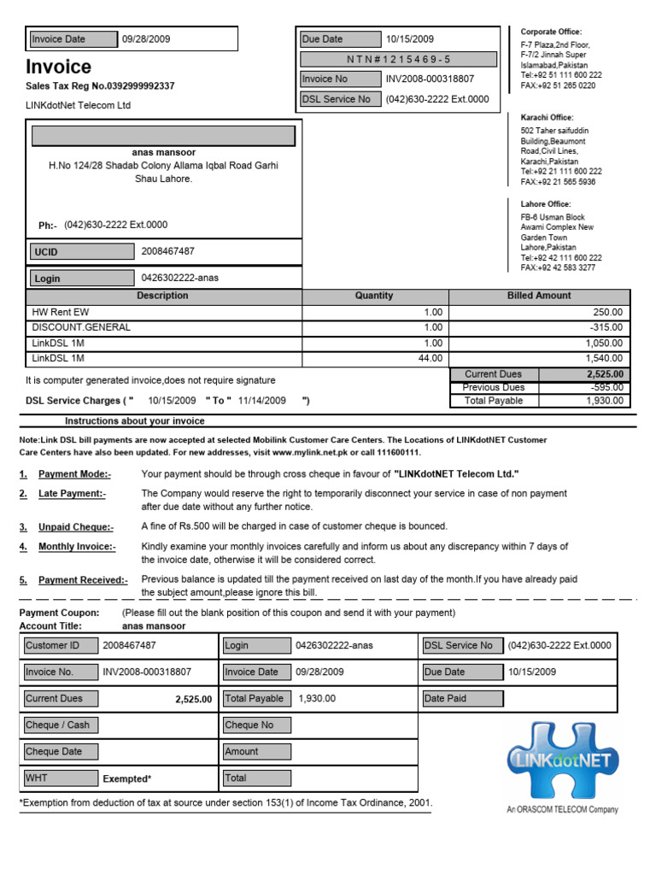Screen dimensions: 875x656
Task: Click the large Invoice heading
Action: pyautogui.click(x=58, y=68)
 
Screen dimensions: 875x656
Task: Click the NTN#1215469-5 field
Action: pyautogui.click(x=397, y=59)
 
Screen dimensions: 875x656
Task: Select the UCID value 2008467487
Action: pyautogui.click(x=167, y=251)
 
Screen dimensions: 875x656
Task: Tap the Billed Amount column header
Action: pyautogui.click(x=539, y=296)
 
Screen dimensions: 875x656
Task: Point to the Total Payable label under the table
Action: pyautogui.click(x=494, y=400)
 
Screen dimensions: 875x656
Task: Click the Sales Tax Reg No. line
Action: pyautogui.click(x=100, y=86)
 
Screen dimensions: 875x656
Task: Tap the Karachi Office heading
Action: pyautogui.click(x=548, y=117)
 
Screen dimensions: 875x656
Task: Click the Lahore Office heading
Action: pyautogui.click(x=547, y=204)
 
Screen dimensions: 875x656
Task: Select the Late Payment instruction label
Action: pyautogui.click(x=72, y=494)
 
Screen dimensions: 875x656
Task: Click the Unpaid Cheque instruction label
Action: pyautogui.click(x=75, y=527)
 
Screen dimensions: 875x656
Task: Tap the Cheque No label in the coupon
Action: pyautogui.click(x=249, y=725)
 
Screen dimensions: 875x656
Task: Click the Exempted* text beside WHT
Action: pyautogui.click(x=126, y=779)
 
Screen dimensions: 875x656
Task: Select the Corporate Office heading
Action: pyautogui.click(x=551, y=32)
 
